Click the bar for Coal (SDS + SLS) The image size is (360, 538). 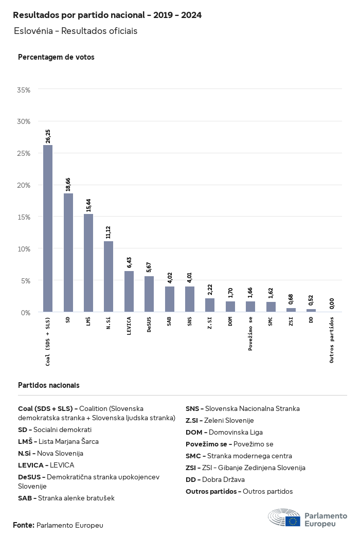coord(48,228)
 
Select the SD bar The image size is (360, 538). coord(68,253)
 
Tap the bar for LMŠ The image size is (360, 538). coord(88,263)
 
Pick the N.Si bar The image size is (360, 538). coord(109,277)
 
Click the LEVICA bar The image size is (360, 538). coord(129,292)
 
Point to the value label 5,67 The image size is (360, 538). coord(149,267)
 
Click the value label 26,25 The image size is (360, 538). coord(48,136)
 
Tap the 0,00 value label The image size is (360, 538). coord(332,303)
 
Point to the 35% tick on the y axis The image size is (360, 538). coord(24,90)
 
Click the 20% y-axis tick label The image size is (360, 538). coord(24,185)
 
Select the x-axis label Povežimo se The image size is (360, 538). coord(250,334)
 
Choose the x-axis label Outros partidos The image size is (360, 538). coord(332,340)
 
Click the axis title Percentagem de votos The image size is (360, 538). coord(56,57)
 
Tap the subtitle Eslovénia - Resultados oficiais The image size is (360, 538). coord(76,31)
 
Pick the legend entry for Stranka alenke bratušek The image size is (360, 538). coord(66,498)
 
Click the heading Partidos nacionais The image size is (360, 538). coord(48,385)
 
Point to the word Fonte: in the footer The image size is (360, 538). coord(24,525)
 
